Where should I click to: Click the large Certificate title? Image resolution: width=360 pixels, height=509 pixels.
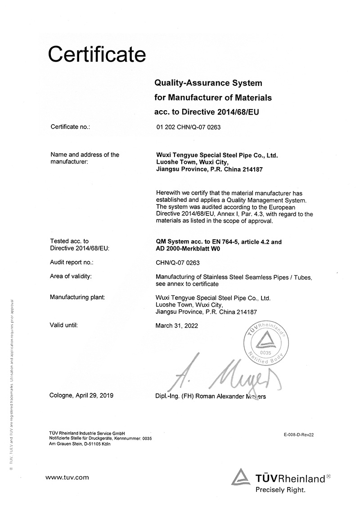[97, 55]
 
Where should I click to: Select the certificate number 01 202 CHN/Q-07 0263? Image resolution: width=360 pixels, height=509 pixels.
[188, 127]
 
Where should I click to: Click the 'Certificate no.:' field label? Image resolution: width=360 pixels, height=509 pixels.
[71, 127]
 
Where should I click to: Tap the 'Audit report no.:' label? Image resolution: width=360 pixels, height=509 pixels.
[72, 263]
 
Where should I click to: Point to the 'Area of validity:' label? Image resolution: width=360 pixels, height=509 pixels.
[71, 276]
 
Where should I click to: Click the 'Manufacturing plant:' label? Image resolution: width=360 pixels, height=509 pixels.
[77, 298]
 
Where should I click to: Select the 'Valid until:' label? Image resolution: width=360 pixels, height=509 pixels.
[64, 325]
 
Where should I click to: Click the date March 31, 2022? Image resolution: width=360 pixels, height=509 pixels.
[176, 326]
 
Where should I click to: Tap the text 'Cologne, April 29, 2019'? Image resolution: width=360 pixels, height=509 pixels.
[82, 396]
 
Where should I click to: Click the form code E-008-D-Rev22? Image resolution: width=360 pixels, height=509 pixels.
[298, 435]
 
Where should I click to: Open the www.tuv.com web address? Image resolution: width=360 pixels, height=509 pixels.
[67, 478]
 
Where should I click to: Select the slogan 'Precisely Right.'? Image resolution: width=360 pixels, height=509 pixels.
[280, 489]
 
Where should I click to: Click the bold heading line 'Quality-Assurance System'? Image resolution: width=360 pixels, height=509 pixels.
[208, 83]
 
